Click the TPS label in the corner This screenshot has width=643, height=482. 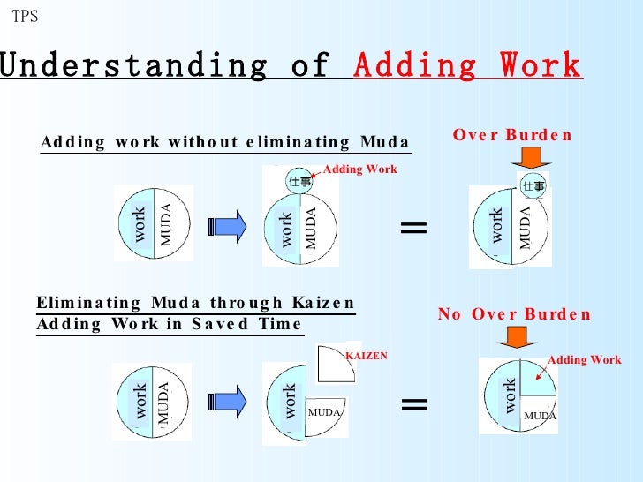tap(25, 16)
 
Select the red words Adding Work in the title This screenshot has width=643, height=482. tap(467, 65)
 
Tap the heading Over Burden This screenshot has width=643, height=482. tap(512, 135)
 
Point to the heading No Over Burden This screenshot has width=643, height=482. tap(514, 314)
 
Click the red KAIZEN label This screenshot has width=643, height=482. tap(367, 355)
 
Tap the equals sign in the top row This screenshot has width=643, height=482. tap(413, 229)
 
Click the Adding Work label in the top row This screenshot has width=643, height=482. tap(360, 169)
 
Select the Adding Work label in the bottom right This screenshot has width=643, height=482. tap(585, 359)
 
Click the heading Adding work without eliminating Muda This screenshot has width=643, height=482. tap(224, 143)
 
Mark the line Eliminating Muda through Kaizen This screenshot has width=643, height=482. tap(195, 303)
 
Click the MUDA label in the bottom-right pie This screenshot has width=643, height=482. tap(540, 415)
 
